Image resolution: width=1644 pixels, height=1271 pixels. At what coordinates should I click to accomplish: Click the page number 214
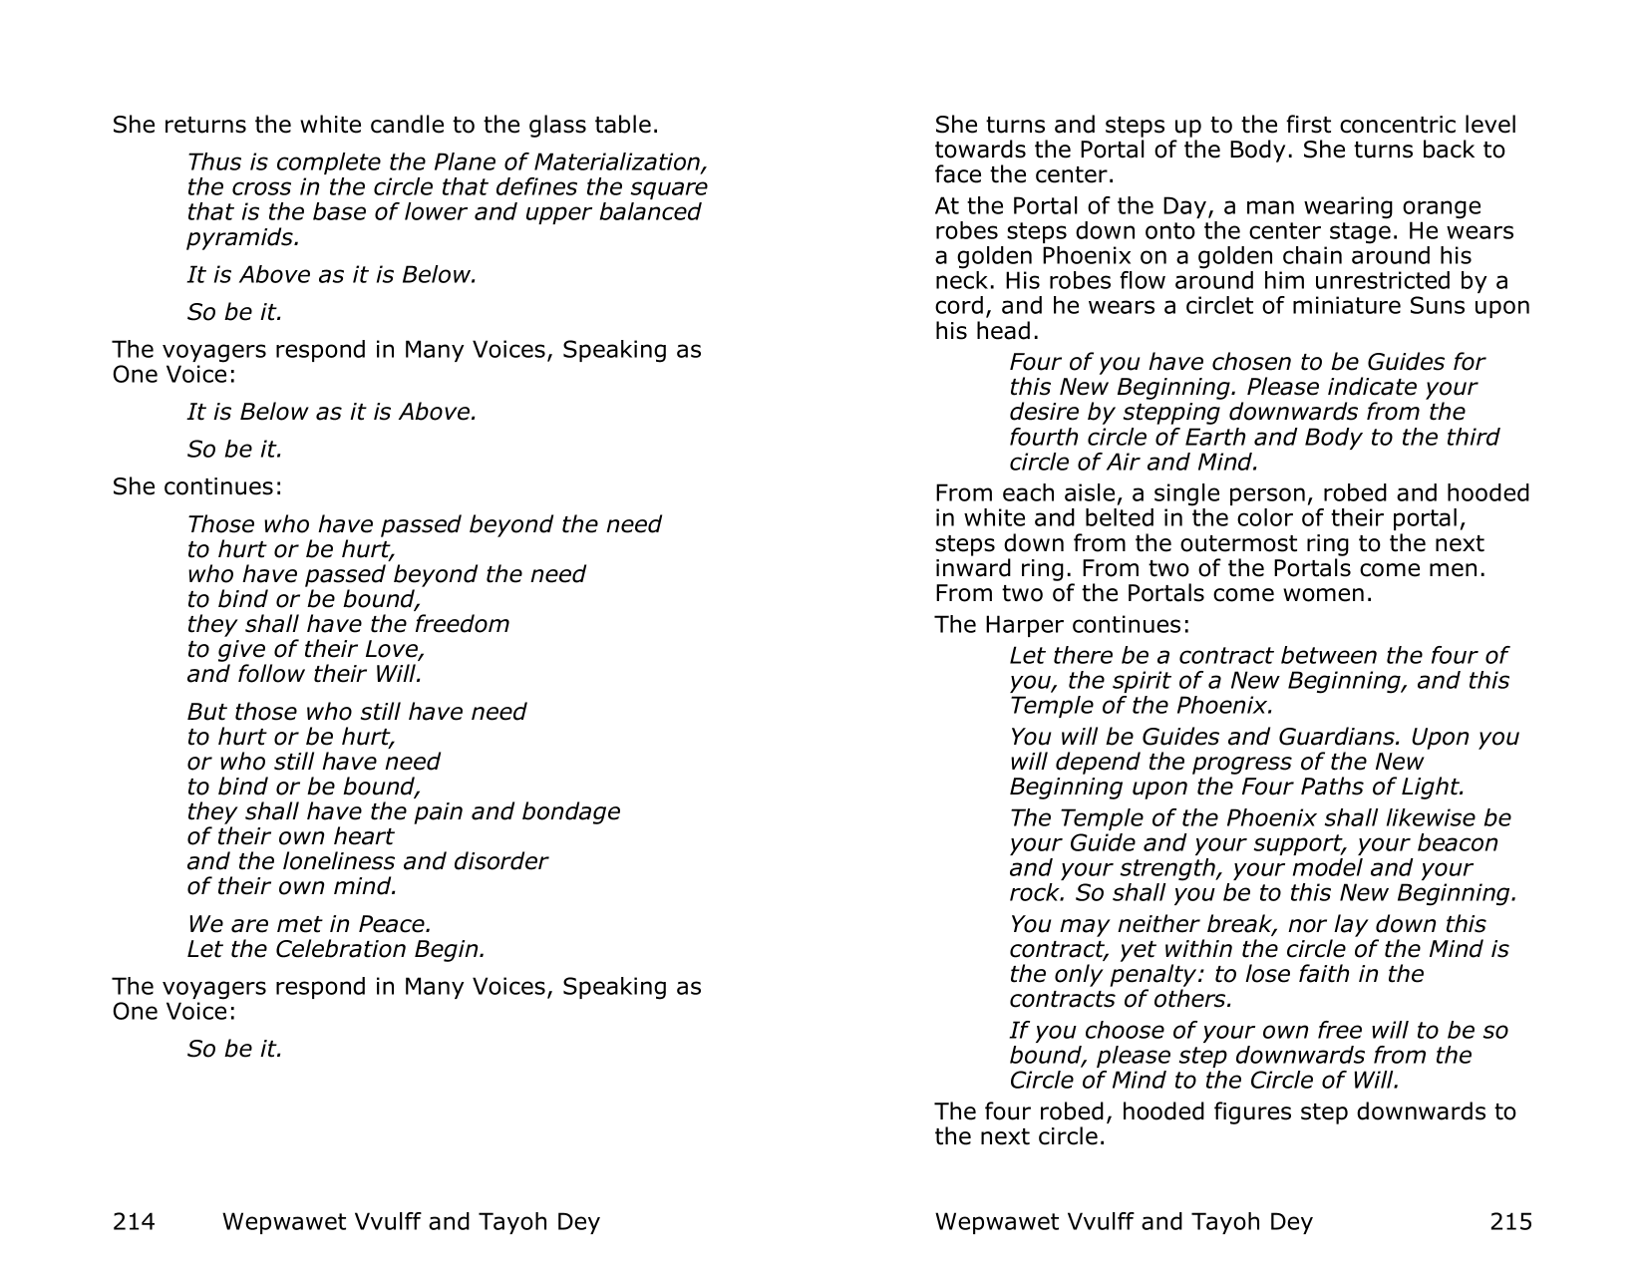coord(134,1221)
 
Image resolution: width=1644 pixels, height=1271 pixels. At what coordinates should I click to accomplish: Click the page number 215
coord(1510,1221)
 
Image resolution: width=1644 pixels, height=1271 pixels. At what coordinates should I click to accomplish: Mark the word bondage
coord(570,811)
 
